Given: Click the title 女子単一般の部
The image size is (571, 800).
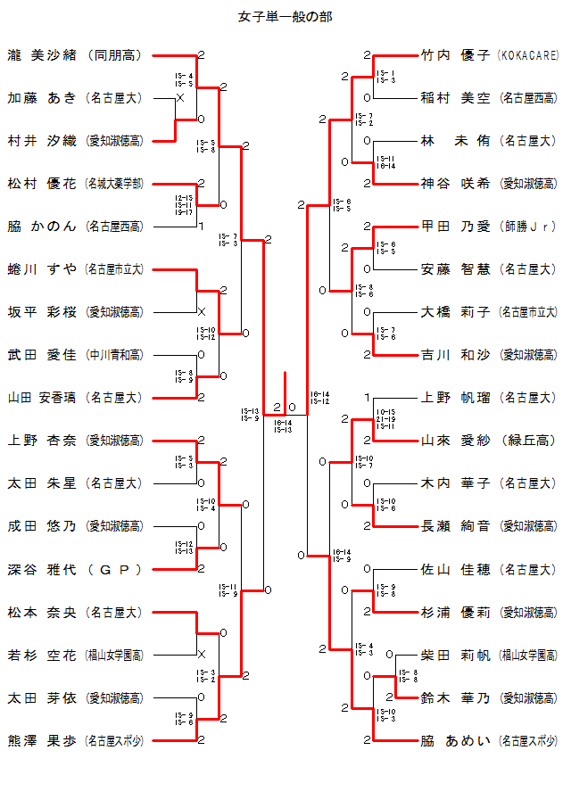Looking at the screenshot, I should tap(286, 17).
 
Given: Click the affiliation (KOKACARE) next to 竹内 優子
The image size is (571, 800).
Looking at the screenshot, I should tap(528, 55).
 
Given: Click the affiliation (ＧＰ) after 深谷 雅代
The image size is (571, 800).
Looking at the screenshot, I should tap(114, 569).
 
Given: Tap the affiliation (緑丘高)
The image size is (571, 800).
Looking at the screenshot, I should tap(529, 441).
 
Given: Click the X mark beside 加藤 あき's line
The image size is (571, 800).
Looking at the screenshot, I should tap(180, 98).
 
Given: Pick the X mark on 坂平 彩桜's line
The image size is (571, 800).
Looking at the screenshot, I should tap(201, 312).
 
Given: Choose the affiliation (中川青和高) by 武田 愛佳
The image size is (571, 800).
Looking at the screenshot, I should tap(114, 355).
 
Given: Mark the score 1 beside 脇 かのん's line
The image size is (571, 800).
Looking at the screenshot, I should tap(201, 226).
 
